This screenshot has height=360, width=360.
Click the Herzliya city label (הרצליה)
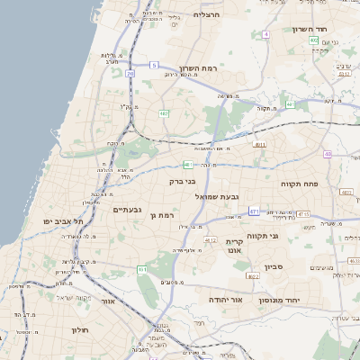(x=206, y=14)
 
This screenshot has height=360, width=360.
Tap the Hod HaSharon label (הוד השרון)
(x=333, y=30)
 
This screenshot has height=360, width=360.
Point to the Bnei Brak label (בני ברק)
(x=183, y=181)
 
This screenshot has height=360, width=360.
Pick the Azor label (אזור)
(x=109, y=303)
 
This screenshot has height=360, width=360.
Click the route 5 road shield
(x=154, y=65)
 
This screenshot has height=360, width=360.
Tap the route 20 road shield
(x=130, y=73)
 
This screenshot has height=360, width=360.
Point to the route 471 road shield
(x=254, y=211)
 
